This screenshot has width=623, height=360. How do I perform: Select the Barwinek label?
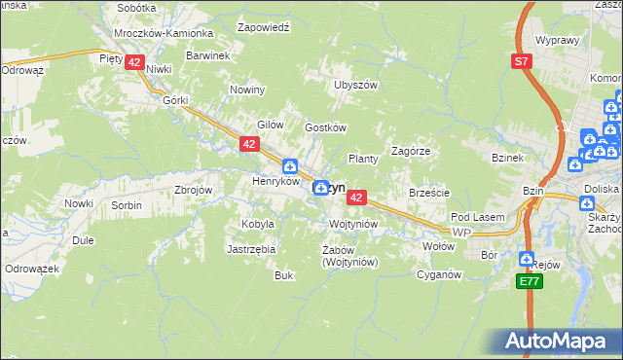click(x=207, y=55)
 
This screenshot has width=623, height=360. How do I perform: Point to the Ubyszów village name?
click(x=354, y=85)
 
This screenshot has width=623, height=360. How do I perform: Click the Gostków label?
click(x=326, y=127)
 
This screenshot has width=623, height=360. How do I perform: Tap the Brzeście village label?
click(x=429, y=193)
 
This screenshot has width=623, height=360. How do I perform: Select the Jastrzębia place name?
click(x=251, y=249)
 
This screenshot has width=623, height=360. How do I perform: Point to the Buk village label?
click(x=283, y=275)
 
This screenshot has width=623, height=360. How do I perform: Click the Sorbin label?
click(x=126, y=205)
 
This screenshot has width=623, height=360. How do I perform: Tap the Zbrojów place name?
click(x=193, y=190)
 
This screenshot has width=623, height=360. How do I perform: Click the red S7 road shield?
click(x=524, y=61)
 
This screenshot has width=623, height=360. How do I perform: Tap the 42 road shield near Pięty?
click(x=134, y=62)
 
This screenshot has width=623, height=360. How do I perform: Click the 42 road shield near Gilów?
click(x=249, y=144)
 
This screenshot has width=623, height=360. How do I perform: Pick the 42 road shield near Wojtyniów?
click(x=356, y=198)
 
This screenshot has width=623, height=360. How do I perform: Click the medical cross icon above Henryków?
click(x=290, y=165)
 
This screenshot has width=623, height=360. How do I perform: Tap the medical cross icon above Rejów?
click(x=527, y=259)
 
